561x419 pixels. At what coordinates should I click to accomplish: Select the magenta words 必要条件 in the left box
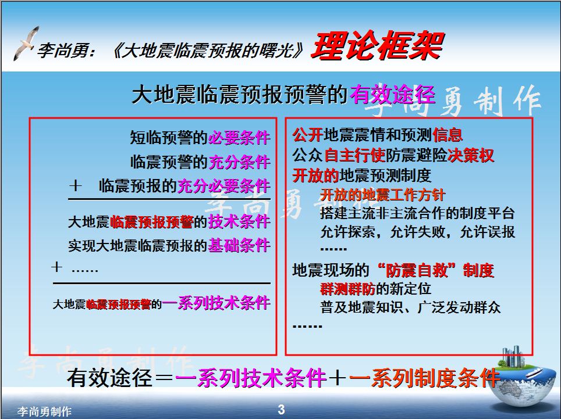(239, 138)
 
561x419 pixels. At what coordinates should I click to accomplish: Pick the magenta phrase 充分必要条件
(224, 187)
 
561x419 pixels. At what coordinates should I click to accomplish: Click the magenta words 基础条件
(239, 246)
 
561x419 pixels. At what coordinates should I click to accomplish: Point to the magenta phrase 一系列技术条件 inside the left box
(216, 303)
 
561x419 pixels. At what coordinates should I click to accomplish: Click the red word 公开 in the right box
(307, 135)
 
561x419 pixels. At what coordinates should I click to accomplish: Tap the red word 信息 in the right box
(448, 135)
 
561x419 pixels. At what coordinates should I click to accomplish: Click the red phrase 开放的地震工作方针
(382, 195)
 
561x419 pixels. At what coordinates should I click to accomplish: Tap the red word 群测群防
(348, 288)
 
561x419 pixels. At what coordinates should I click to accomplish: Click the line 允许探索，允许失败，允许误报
(417, 231)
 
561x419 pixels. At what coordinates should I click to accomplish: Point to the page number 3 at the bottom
(281, 410)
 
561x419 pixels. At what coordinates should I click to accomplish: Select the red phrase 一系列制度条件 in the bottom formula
(425, 378)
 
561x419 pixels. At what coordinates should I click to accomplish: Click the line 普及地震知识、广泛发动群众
(410, 307)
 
